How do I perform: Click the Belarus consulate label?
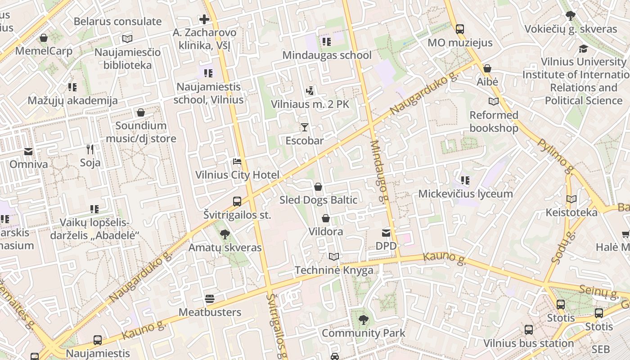(117, 21)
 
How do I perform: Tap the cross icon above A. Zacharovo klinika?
(204, 19)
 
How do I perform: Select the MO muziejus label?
(460, 43)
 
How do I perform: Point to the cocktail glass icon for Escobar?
(305, 127)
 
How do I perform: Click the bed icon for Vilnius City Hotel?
(237, 162)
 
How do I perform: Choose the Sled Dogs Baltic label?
(318, 200)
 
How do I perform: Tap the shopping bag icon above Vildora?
(325, 219)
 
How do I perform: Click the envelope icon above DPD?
(386, 233)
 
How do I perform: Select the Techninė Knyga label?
(333, 270)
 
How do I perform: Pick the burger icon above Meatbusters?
(209, 299)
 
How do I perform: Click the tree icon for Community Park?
(363, 320)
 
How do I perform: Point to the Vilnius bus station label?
(528, 343)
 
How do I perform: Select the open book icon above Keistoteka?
(571, 199)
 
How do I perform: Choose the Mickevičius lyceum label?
(465, 194)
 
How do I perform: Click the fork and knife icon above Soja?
(90, 149)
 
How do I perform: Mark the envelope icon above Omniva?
(28, 151)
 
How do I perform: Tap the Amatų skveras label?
(225, 247)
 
